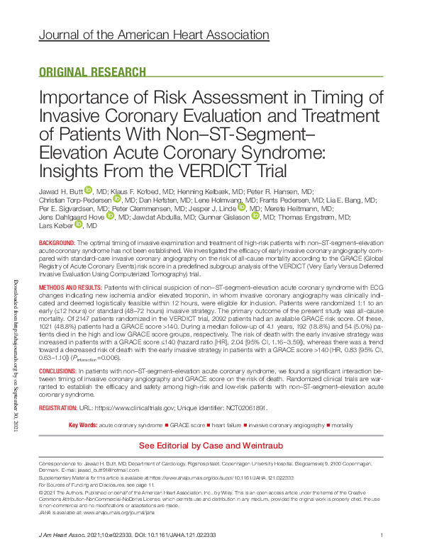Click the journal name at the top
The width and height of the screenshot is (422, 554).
tap(153, 34)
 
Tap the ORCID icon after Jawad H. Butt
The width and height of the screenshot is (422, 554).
tap(89, 190)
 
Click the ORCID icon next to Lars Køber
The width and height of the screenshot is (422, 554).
tap(78, 224)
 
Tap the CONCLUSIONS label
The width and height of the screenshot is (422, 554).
tap(61, 371)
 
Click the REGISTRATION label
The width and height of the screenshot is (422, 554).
tap(62, 409)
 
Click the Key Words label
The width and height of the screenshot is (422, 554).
tap(82, 424)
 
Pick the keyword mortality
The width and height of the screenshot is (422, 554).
tap(343, 424)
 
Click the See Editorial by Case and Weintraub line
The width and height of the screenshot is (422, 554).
tap(211, 446)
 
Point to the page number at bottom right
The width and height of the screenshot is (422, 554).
tap(382, 535)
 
